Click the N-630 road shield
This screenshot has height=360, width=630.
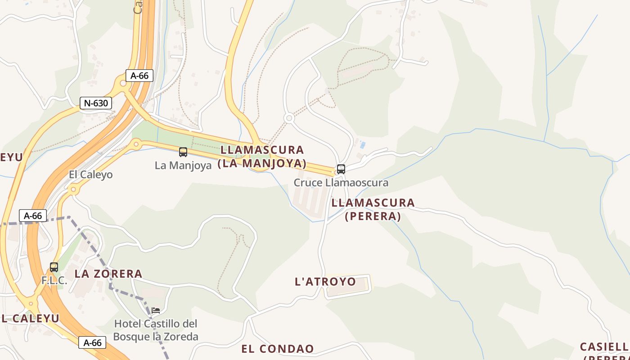(x=96, y=103)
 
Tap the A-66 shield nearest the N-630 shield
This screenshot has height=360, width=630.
(x=139, y=76)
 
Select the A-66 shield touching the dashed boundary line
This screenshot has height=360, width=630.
(x=33, y=216)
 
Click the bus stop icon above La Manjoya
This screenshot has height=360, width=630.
(x=183, y=152)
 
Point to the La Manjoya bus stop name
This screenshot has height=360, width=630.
(x=183, y=165)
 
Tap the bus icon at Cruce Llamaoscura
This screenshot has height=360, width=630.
(x=341, y=169)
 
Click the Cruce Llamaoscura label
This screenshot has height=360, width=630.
(x=341, y=183)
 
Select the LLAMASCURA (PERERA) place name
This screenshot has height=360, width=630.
(x=373, y=209)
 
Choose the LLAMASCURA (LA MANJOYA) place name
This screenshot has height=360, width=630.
(x=262, y=156)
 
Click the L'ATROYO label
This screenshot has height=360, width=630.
(x=325, y=282)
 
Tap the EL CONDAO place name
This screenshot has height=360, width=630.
(x=278, y=349)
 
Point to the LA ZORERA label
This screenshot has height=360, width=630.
(x=108, y=274)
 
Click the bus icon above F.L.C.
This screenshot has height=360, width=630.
(x=54, y=267)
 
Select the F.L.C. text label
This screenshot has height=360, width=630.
(x=54, y=280)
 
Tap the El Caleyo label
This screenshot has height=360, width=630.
(x=90, y=175)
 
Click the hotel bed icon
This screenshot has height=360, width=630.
(x=156, y=310)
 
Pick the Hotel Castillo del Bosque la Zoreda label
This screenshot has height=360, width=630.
(x=156, y=330)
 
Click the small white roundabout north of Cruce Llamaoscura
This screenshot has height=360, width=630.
(x=289, y=118)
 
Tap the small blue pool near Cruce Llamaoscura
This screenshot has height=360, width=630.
(x=363, y=145)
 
